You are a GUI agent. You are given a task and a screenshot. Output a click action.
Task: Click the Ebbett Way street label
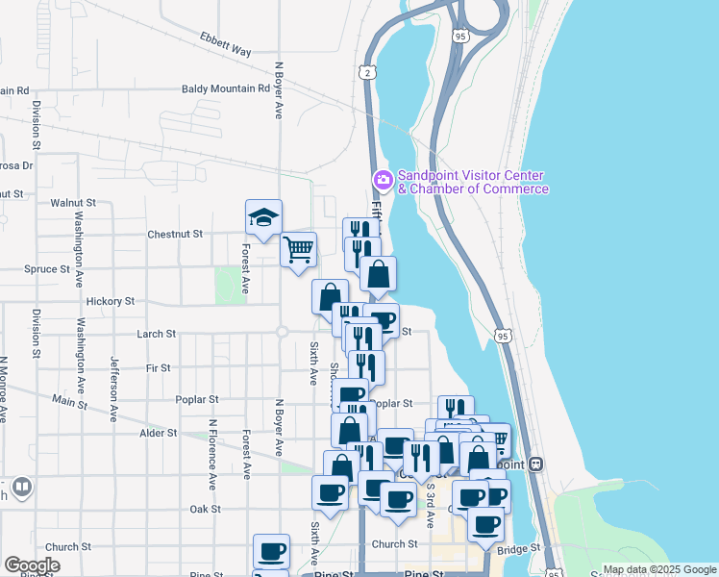pos(225,45)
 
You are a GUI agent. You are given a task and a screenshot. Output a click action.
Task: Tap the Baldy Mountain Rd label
pos(226,88)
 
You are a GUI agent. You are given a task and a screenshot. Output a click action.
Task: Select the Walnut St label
pos(74,203)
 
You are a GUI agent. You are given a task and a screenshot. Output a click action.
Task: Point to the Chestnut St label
pos(175,234)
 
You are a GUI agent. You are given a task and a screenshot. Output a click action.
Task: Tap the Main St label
pos(69,401)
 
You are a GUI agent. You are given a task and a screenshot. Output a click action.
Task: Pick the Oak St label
pos(206,509)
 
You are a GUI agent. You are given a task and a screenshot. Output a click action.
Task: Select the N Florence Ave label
pos(212,452)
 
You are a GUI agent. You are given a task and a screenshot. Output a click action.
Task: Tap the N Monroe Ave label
pos(4,389)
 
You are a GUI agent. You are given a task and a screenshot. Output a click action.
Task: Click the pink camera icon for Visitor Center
pos(383,180)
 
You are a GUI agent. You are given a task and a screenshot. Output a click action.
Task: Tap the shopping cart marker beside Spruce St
pos(298,250)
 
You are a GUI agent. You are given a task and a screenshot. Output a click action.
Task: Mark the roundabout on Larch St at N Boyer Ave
pos(282,332)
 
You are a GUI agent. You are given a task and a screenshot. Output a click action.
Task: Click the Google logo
pos(32,564)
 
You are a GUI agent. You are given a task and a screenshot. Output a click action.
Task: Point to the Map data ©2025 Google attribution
pos(659,569)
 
